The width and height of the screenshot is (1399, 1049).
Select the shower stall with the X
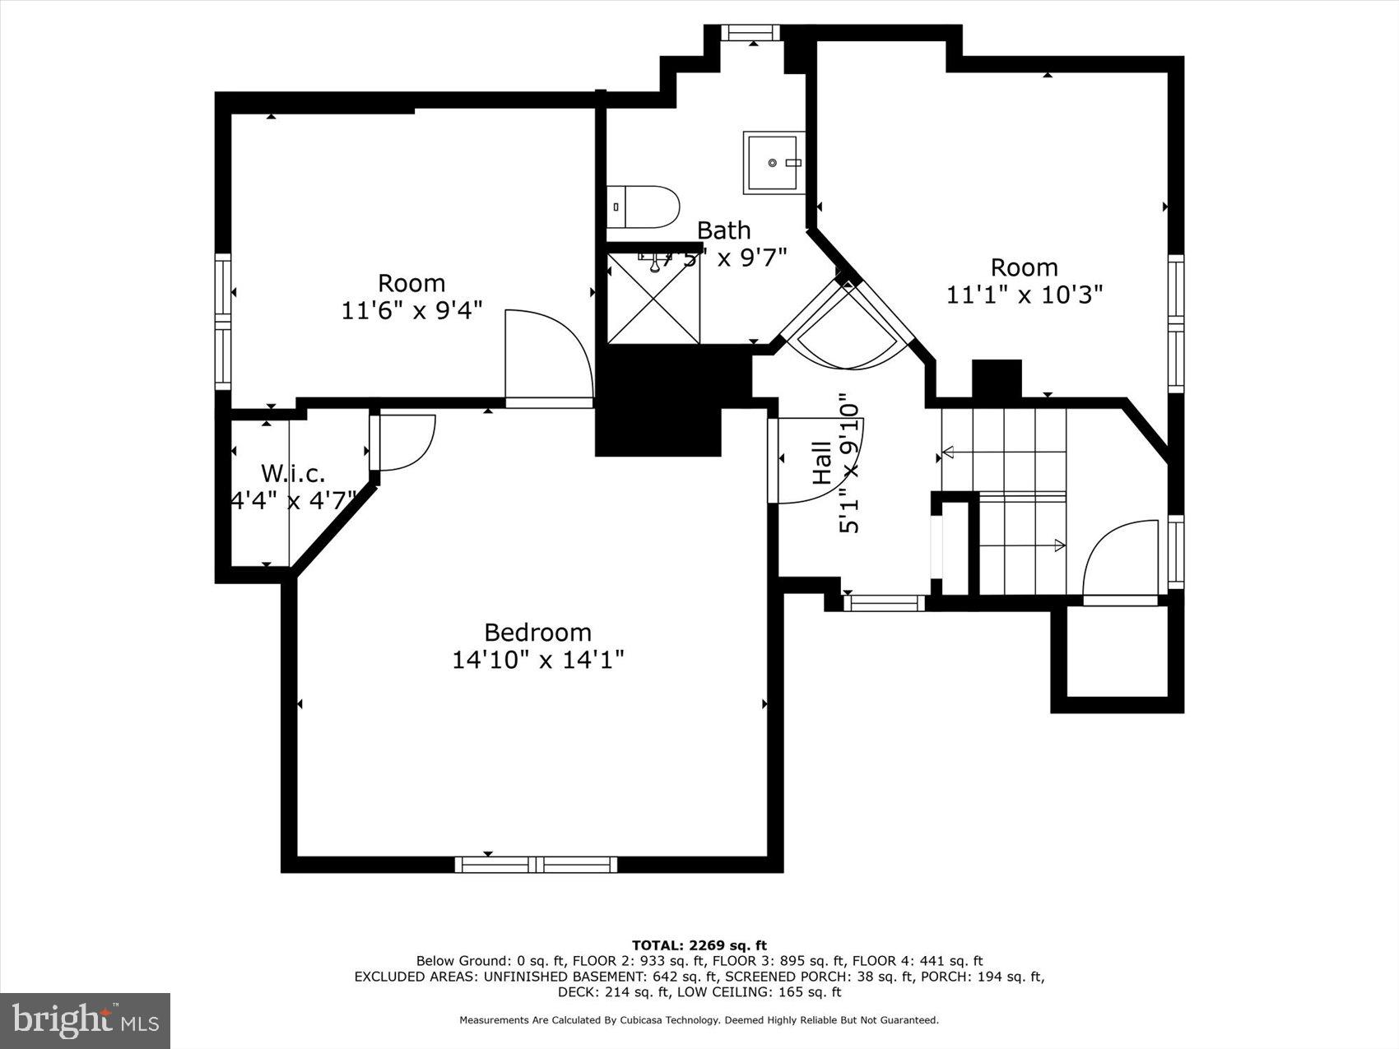pos(653,298)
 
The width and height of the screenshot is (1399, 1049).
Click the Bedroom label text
pos(537,632)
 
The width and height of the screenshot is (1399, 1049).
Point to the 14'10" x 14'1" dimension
pos(537,659)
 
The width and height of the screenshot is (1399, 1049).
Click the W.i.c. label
pos(292,473)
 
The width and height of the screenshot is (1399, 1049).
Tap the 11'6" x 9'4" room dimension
pos(411,310)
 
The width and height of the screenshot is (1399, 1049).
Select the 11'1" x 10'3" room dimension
pos(1024,294)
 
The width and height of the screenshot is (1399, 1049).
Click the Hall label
pos(822,462)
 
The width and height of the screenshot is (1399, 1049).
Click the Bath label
pos(723,230)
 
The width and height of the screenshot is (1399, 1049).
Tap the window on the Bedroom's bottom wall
pos(536,864)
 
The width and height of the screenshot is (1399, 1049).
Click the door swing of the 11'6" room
pos(548,354)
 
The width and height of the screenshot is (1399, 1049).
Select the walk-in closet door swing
pos(405,442)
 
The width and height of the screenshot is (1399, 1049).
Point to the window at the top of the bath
pos(751,33)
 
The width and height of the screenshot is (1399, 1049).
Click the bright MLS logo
pos(86,1020)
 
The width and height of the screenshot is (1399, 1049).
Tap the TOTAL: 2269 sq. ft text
pos(699,945)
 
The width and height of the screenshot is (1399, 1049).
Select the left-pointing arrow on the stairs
pos(947,451)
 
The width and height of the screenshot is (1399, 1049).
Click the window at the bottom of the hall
pos(885,603)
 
